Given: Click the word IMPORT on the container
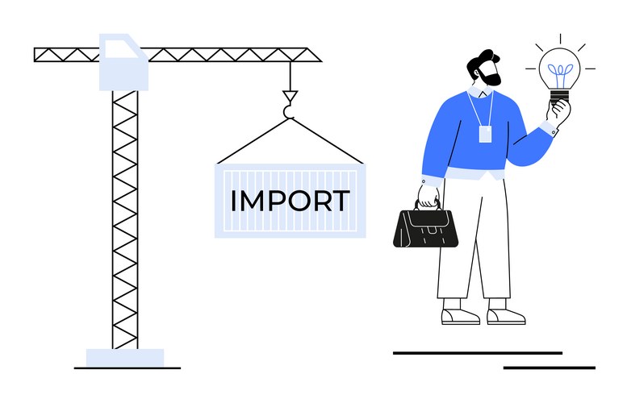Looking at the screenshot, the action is [291, 201].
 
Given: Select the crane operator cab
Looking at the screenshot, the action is [123, 62].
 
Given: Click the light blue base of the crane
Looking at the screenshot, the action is [125, 358].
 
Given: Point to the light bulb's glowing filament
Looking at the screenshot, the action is [560, 74].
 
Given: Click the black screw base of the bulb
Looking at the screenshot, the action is [559, 97].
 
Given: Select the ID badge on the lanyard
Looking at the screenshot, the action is [485, 135].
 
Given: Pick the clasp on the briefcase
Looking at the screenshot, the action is [433, 230].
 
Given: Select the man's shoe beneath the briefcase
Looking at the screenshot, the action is [460, 315].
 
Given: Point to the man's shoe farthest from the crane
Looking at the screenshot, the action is [506, 315].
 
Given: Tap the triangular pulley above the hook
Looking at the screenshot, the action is [290, 96].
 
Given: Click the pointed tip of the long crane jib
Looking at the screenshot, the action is [321, 61].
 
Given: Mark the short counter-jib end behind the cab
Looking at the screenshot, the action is [36, 55].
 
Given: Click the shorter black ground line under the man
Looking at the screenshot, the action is [549, 368].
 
